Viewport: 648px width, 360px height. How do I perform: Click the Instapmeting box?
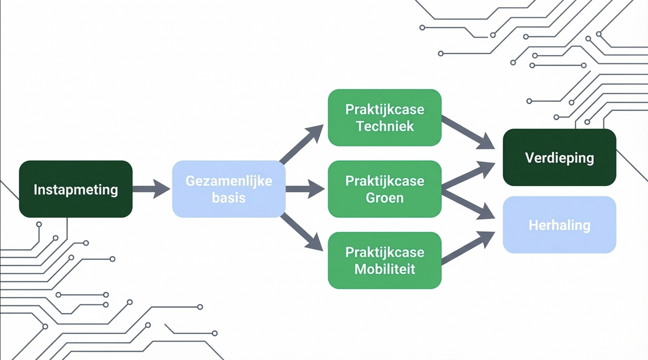pyautogui.click(x=76, y=189)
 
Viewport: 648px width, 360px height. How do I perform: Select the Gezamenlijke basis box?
pyautogui.click(x=229, y=189)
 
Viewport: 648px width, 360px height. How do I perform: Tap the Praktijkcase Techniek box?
pyautogui.click(x=385, y=117)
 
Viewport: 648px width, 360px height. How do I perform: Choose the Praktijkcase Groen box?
pyautogui.click(x=385, y=189)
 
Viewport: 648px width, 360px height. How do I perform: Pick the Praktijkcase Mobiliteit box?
pyautogui.click(x=385, y=260)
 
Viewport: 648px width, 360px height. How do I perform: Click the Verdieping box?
pyautogui.click(x=559, y=157)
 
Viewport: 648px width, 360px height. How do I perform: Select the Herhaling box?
pyautogui.click(x=559, y=225)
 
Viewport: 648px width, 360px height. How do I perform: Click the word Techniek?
pyautogui.click(x=385, y=126)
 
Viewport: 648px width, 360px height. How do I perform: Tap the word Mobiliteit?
pyautogui.click(x=385, y=269)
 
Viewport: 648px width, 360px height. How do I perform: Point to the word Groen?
pyautogui.click(x=385, y=197)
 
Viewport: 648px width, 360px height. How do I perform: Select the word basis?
pyautogui.click(x=229, y=197)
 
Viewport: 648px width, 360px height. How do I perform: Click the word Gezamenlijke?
pyautogui.click(x=229, y=181)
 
